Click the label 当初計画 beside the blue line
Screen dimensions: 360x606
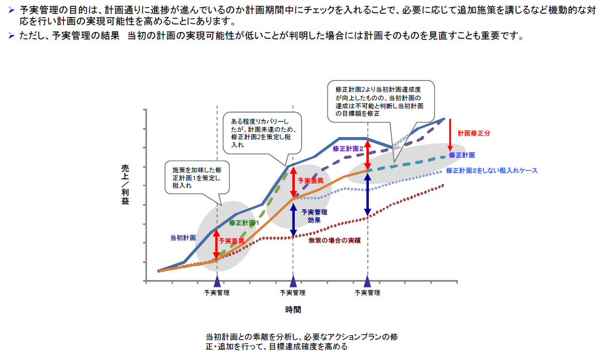click(183, 237)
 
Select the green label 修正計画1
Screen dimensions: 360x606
click(244, 222)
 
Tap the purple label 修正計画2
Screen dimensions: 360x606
click(348, 148)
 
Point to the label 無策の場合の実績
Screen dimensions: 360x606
click(334, 241)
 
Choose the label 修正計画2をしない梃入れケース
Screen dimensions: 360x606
click(491, 171)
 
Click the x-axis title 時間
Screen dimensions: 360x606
click(293, 309)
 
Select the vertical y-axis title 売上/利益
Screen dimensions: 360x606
click(125, 185)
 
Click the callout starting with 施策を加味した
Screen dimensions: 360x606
click(196, 175)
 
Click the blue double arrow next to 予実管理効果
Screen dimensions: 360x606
click(293, 219)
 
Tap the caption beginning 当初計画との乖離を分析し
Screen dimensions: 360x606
click(302, 342)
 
